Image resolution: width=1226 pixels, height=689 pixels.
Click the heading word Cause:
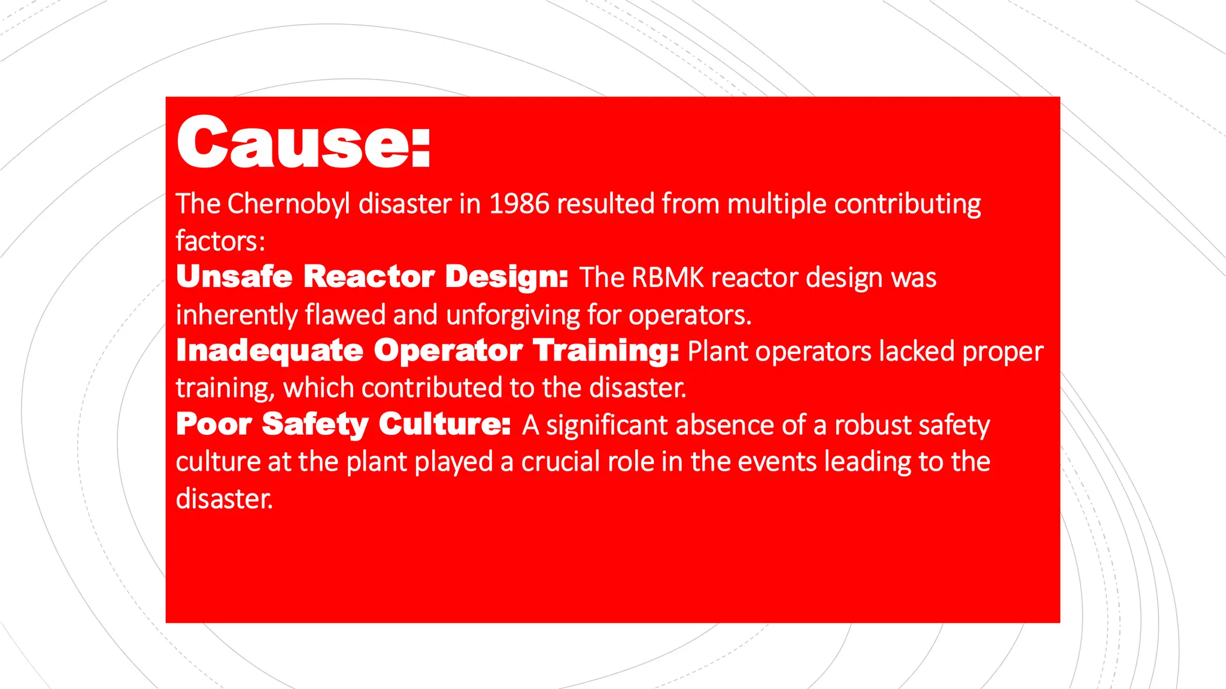click(304, 143)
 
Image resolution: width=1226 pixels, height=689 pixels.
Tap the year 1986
click(519, 204)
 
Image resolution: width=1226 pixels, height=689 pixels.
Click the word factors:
click(220, 241)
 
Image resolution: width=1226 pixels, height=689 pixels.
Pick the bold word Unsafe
click(234, 277)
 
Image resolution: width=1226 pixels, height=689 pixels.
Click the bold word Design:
click(506, 277)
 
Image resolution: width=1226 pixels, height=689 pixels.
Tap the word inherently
click(236, 315)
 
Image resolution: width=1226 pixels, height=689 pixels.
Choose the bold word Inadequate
click(270, 351)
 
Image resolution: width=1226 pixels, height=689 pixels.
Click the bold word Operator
click(448, 351)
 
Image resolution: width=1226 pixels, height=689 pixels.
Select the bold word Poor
click(214, 425)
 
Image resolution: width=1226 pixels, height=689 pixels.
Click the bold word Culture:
click(445, 425)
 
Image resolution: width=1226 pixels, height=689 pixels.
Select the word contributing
click(908, 204)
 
